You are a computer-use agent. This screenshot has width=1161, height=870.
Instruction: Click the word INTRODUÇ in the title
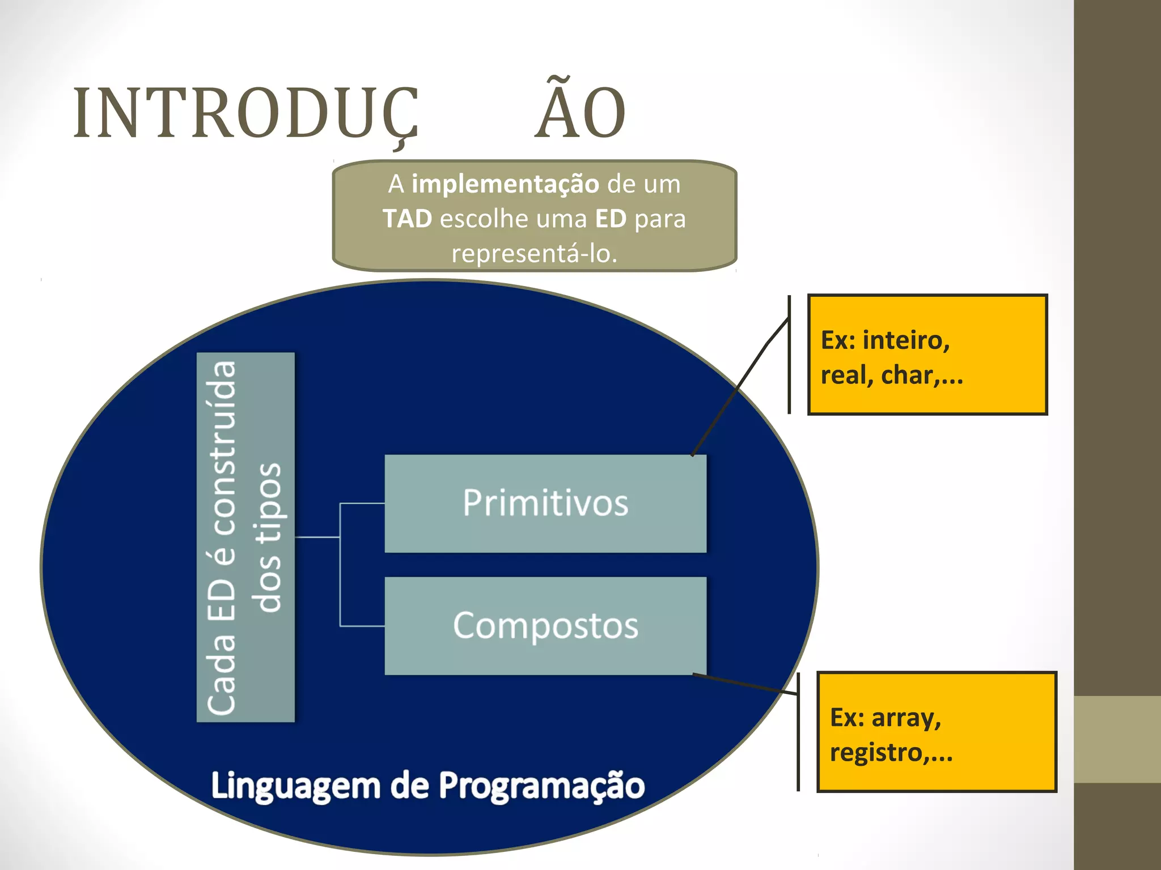coord(245,113)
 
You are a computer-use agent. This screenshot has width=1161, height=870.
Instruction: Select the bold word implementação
coord(505,184)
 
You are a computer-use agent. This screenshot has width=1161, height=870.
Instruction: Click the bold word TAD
coord(407,219)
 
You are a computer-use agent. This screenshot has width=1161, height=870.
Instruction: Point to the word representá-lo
coord(534,253)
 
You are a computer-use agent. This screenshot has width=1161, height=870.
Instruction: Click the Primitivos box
coord(545,503)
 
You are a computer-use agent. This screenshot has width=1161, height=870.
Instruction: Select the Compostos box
coord(545,625)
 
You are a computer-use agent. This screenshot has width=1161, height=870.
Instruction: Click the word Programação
coord(541,786)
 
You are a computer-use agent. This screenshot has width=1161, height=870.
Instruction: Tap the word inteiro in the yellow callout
coord(906,340)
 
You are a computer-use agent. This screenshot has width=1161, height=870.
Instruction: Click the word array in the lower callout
coord(906,718)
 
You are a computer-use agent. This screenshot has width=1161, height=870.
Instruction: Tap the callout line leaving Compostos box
coord(745,684)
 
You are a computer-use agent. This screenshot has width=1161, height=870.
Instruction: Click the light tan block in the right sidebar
coord(1117,739)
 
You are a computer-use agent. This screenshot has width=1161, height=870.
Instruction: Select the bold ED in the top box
coord(610,219)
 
